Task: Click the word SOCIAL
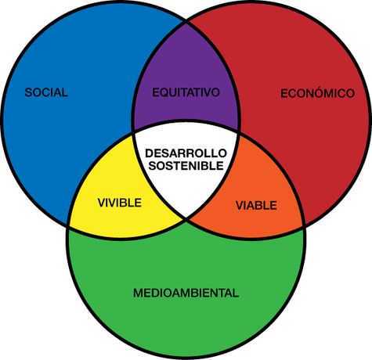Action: click(46, 92)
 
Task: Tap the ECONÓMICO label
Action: click(317, 92)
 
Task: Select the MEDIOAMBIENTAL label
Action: click(186, 293)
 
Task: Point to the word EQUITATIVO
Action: click(186, 92)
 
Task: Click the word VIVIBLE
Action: click(120, 203)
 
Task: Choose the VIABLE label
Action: click(256, 205)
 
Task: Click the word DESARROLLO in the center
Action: click(186, 153)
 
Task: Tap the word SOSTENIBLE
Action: click(186, 166)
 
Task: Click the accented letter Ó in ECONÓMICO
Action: click(317, 92)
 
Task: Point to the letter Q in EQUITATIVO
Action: click(164, 92)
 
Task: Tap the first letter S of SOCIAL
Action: click(28, 92)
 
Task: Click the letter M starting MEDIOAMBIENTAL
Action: click(138, 293)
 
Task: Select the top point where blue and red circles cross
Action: click(186, 23)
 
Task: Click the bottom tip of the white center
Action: click(186, 218)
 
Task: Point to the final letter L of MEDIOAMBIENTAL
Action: click(236, 293)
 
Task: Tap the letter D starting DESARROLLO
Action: click(150, 153)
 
